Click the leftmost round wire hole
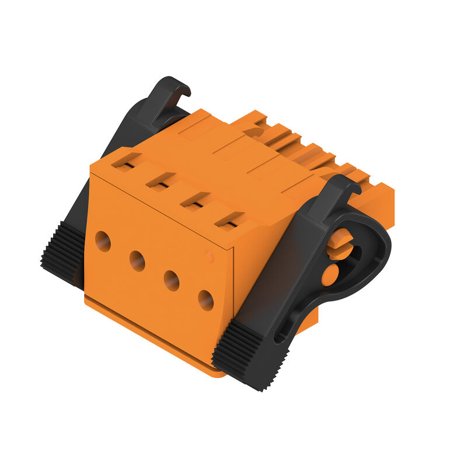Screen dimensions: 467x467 coord(103,241)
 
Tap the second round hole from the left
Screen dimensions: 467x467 coord(137,261)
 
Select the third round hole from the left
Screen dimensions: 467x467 coord(172,281)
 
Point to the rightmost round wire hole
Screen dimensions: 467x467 coord(205,300)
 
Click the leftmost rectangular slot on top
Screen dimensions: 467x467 coord(126,160)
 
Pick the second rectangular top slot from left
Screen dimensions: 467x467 coord(161,180)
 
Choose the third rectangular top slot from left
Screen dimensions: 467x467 coord(194,200)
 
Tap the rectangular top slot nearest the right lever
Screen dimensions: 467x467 coord(229,219)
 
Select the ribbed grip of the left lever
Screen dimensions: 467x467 coord(63,255)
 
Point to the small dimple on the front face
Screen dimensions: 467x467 coord(209,255)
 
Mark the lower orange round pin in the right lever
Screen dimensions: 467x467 coord(330,274)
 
